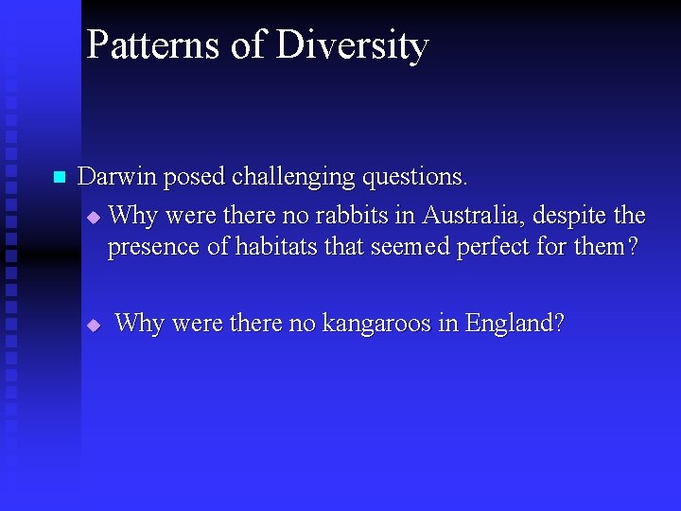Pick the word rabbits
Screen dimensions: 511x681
354,216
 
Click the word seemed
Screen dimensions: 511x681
410,247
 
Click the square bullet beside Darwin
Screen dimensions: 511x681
59,178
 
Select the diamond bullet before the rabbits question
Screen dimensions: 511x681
93,218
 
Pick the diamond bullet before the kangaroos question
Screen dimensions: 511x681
93,325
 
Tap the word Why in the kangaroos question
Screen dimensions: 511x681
139,324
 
